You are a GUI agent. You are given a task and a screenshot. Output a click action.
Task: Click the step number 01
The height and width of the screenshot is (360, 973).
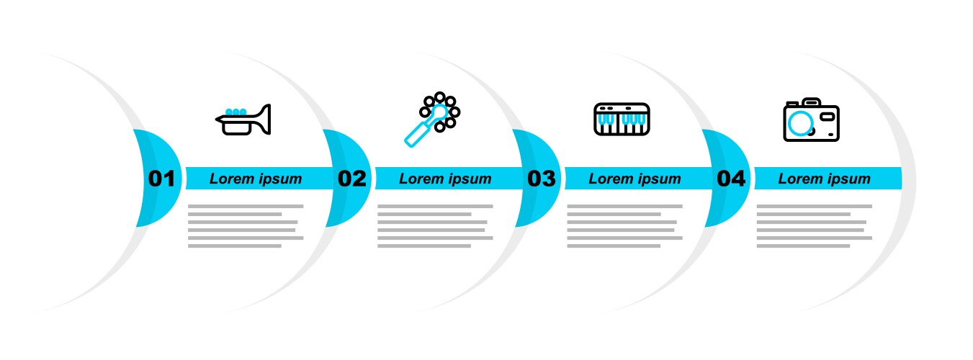(x=161, y=179)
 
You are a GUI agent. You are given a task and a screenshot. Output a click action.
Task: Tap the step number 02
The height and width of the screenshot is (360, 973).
(x=351, y=179)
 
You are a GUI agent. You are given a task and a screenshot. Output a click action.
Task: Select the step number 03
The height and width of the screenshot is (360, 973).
(x=541, y=179)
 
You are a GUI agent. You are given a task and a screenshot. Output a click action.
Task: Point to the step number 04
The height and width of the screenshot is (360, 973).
(x=731, y=179)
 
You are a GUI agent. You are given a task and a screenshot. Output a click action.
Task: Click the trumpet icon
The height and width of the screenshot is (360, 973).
(x=243, y=120)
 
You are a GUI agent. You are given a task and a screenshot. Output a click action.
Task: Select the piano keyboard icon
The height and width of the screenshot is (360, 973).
(x=622, y=119)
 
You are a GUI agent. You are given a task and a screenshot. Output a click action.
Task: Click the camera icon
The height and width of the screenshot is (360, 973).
(x=811, y=120)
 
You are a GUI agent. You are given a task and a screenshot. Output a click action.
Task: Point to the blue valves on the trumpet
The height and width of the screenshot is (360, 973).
(x=236, y=112)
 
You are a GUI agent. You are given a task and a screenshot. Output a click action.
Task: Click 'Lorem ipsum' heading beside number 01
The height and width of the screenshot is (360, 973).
(x=256, y=179)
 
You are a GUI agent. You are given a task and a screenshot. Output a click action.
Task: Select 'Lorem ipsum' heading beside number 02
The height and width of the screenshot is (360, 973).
(x=445, y=179)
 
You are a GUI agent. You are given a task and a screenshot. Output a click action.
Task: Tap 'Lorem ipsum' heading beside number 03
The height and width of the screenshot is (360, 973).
(x=635, y=179)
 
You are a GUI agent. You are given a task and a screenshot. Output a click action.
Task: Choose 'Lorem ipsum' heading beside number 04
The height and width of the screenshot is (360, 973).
(x=824, y=179)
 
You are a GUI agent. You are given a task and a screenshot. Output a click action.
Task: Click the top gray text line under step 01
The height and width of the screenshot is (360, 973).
(x=246, y=206)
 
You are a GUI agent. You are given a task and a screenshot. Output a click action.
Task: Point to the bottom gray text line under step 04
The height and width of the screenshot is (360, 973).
(x=803, y=246)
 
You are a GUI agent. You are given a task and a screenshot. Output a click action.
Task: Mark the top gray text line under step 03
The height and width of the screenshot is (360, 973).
(x=624, y=206)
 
